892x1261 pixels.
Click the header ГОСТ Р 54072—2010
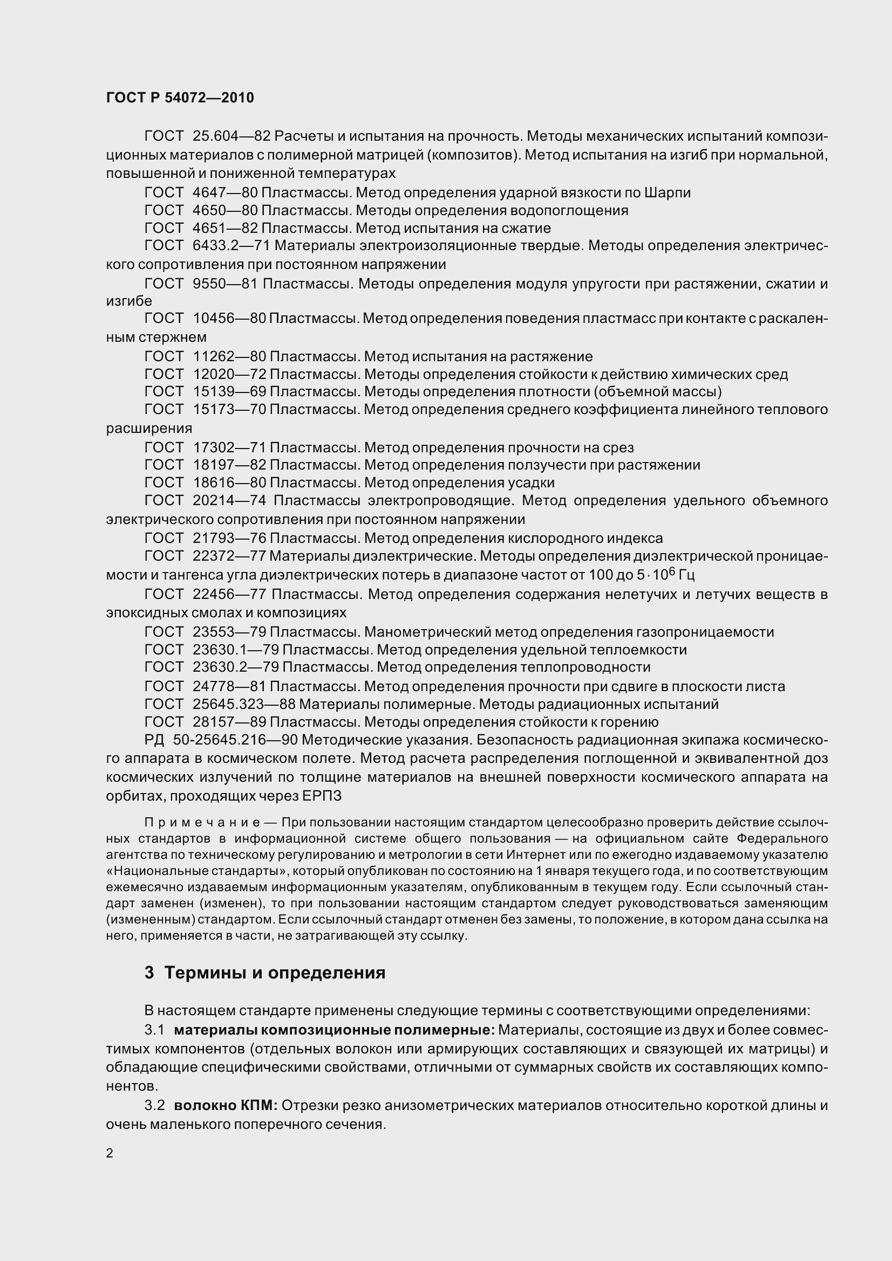click(x=180, y=98)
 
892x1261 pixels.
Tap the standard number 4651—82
click(x=226, y=228)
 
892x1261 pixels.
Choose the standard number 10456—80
click(x=230, y=319)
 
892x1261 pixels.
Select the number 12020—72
click(x=230, y=375)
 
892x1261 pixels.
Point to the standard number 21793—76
click(x=230, y=538)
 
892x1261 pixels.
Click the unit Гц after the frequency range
click(x=686, y=576)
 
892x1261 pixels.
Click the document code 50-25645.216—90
click(x=235, y=740)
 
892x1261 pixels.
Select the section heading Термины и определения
click(x=275, y=973)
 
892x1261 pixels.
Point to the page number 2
click(x=110, y=1153)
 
